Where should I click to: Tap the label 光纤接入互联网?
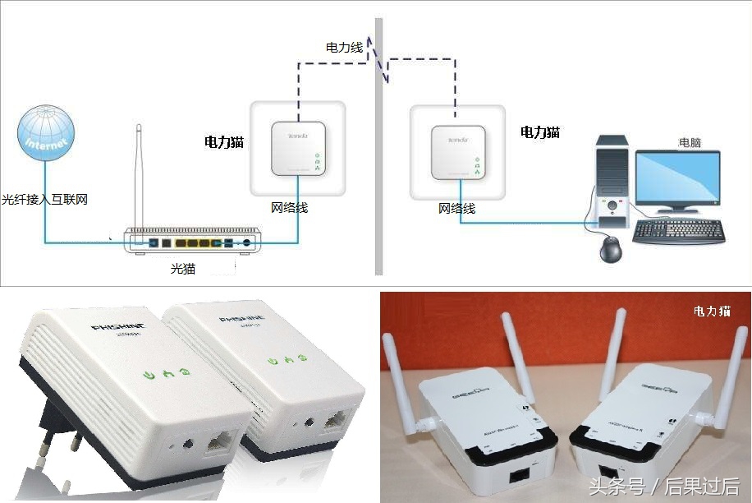44,199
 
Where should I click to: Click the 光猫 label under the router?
182,268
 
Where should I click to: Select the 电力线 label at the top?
344,48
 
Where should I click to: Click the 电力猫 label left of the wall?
223,141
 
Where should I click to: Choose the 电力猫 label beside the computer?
540,132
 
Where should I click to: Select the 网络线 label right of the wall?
456,209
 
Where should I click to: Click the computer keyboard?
678,232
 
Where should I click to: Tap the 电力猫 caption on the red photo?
711,311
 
